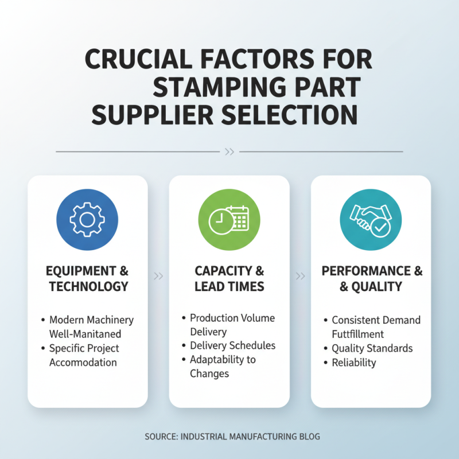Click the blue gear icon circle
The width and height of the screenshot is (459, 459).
[x=87, y=220]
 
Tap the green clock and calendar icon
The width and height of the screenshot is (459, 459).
[x=229, y=220]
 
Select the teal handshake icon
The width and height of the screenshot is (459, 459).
[x=371, y=220]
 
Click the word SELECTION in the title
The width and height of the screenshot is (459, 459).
[x=291, y=115]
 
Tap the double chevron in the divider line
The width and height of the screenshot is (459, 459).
[x=229, y=152]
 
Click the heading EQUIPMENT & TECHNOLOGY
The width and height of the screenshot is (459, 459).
[x=88, y=278]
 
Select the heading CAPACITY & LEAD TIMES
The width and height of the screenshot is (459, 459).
[x=229, y=278]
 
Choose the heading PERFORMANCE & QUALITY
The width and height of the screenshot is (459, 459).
[x=371, y=278]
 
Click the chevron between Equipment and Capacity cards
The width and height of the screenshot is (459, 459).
[x=159, y=276]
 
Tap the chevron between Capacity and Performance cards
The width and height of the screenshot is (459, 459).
[x=300, y=276]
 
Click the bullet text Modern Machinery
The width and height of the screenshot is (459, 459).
[x=91, y=320]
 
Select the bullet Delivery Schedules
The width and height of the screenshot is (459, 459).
[x=232, y=345]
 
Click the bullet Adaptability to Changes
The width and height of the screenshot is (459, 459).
[x=223, y=367]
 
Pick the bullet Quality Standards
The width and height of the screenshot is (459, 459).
[x=372, y=348]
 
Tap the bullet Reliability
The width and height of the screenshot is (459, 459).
[x=353, y=363]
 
